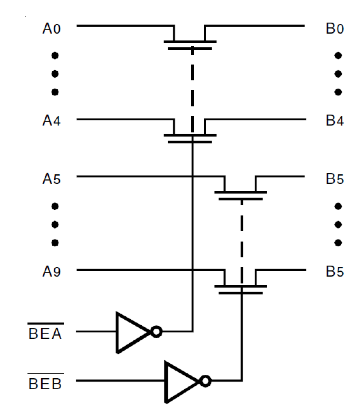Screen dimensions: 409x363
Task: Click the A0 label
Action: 51,29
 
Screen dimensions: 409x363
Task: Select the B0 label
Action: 334,29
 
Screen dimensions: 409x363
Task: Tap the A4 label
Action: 51,120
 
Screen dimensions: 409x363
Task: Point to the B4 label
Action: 334,120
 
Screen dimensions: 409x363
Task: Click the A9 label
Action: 51,271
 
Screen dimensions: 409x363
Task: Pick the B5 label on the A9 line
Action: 334,271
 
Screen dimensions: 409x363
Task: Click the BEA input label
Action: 45,333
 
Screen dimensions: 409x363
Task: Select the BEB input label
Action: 45,383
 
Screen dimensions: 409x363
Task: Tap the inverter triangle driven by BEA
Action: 130,332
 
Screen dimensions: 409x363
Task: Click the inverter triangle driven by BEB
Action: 179,381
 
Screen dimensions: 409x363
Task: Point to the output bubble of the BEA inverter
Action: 157,332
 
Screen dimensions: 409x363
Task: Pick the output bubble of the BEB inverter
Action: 205,381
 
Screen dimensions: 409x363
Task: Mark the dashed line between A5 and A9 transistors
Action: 242,239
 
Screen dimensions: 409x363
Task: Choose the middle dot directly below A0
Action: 55,74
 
